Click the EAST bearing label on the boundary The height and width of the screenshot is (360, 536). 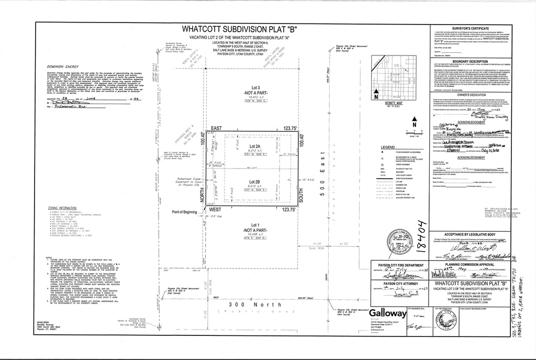216,128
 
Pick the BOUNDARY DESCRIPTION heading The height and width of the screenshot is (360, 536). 470,62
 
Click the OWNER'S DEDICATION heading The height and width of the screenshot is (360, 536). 470,94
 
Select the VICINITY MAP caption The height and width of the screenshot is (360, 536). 390,104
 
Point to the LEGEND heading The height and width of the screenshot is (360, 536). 388,147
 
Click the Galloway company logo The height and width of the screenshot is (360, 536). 387,314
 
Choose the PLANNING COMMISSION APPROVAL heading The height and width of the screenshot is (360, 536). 469,265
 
